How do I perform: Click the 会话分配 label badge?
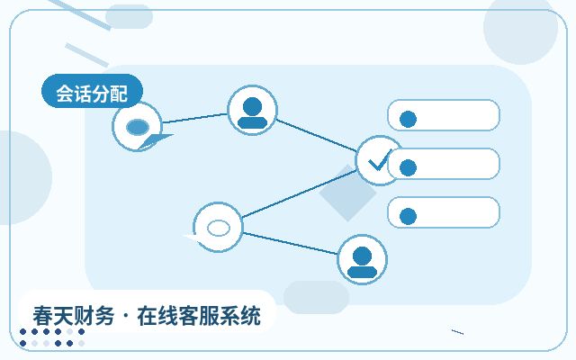(x=92, y=91)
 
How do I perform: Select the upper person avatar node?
(x=252, y=110)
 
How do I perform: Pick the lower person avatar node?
(x=362, y=260)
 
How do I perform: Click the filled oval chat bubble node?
(x=137, y=127)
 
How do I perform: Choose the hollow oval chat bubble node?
(x=218, y=228)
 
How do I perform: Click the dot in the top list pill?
(x=408, y=119)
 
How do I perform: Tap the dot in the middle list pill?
(x=408, y=167)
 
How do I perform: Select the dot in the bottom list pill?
(x=408, y=216)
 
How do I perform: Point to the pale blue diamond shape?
(x=347, y=193)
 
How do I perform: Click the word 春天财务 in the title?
(x=74, y=316)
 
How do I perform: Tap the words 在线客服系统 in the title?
(x=199, y=316)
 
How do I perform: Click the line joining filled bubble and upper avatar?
(x=194, y=118)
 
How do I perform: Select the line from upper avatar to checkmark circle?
(x=316, y=135)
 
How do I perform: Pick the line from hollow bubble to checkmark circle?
(x=300, y=193)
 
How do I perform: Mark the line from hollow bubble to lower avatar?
(x=290, y=243)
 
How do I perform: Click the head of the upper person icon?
(x=252, y=107)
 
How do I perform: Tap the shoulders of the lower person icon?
(x=362, y=272)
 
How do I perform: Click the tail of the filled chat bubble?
(x=156, y=140)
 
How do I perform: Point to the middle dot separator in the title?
(x=126, y=317)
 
